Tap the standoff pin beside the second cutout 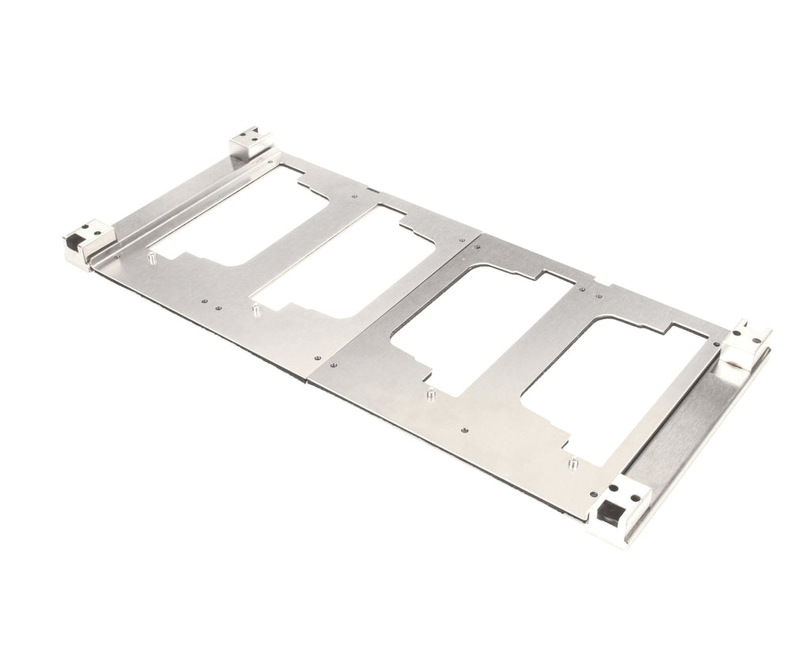(255, 309)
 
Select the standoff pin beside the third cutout (430, 393)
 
